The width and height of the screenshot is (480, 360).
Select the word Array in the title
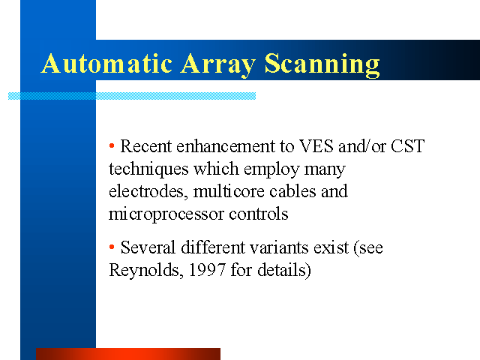click(x=218, y=65)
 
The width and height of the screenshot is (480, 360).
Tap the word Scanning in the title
click(x=322, y=65)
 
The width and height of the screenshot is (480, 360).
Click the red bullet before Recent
click(x=112, y=145)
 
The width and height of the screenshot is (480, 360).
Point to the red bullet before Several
click(x=112, y=247)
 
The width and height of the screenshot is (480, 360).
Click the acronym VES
click(x=316, y=146)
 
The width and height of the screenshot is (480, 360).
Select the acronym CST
click(x=408, y=146)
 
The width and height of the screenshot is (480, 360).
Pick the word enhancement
click(x=226, y=146)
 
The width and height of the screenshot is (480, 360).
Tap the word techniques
click(x=148, y=169)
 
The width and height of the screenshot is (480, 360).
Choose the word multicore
click(x=229, y=192)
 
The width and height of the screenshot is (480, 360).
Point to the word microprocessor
click(x=166, y=214)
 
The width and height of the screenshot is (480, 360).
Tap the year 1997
click(x=207, y=270)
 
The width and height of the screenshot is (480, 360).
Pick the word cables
click(x=292, y=192)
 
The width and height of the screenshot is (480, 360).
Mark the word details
click(x=282, y=270)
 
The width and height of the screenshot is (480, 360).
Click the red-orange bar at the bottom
click(x=128, y=354)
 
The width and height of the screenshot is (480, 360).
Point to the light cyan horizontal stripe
click(x=132, y=96)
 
